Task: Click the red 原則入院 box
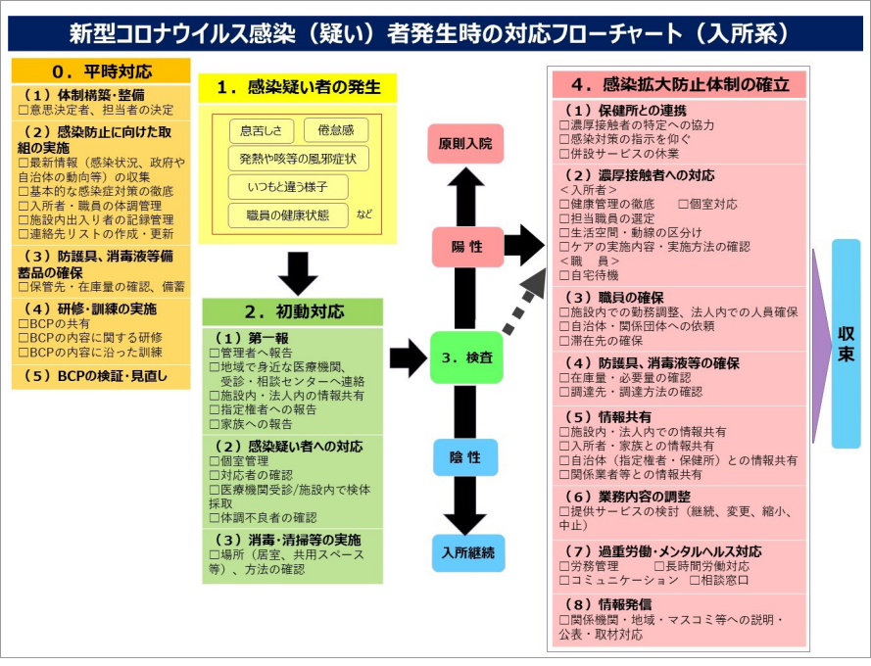coord(465,143)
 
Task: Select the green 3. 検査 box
coord(465,357)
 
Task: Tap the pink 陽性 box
coord(465,247)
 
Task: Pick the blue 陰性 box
coord(465,456)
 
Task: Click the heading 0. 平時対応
coord(100,71)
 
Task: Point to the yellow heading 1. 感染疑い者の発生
coord(297,87)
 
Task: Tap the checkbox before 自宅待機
coord(564,276)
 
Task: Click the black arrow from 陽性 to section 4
coord(523,245)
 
